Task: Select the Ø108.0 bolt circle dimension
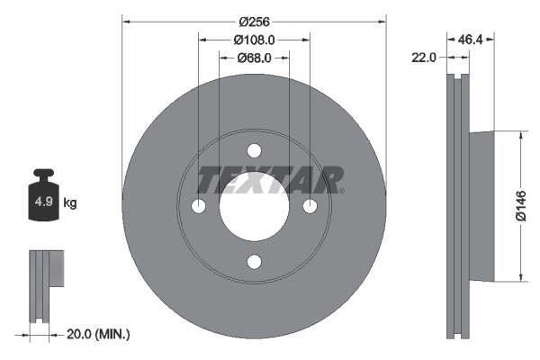coord(254,40)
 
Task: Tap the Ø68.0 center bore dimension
coord(255,58)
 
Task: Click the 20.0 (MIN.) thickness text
coord(99,334)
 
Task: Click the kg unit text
coord(70,203)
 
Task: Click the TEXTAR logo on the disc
coord(270,180)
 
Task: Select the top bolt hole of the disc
coord(254,150)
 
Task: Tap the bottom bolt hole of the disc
coord(254,262)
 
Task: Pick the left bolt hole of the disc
coord(198,206)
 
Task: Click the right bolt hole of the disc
coord(310,206)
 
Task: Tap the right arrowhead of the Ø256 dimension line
coord(383,20)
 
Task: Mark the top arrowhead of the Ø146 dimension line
coord(520,134)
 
